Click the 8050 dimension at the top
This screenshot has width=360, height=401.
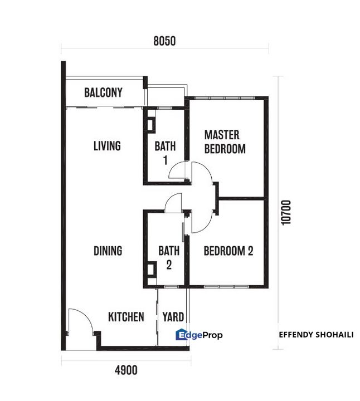164,41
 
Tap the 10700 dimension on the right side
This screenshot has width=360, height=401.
286,213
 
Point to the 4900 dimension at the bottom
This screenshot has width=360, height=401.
126,370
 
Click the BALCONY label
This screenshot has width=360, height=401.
103,92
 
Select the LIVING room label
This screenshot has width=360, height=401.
107,146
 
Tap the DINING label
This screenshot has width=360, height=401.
108,251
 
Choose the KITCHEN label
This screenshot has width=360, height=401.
126,317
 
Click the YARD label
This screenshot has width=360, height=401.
173,317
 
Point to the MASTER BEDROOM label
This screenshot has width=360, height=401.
225,142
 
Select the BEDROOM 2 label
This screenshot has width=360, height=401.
228,251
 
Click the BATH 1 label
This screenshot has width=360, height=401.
166,153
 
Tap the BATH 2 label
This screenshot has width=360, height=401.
169,257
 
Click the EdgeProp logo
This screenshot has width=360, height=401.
199,335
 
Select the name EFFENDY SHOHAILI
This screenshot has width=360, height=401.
316,335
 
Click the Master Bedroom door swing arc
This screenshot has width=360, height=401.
207,169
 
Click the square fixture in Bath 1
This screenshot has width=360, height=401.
151,125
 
